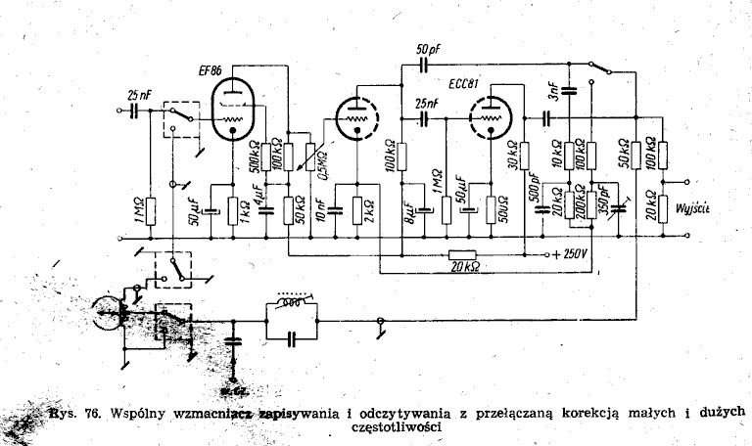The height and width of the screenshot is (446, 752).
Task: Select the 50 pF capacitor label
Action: coord(426,49)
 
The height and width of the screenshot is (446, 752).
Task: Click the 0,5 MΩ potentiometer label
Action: coord(323,157)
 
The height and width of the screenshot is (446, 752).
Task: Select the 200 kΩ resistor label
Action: coord(581,203)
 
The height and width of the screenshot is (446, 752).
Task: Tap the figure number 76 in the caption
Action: coord(89,412)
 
